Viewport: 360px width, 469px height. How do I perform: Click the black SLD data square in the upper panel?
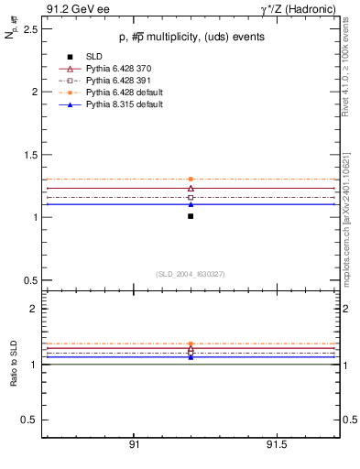point(191,216)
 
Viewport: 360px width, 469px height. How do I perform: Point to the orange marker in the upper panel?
point(191,180)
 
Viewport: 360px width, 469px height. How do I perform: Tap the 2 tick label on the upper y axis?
point(34,93)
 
